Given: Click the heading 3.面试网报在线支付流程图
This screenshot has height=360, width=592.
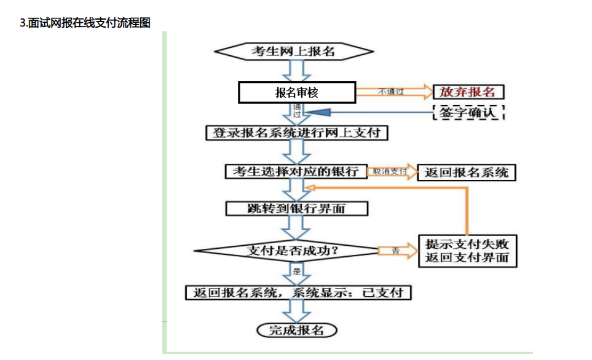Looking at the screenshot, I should click(x=85, y=23).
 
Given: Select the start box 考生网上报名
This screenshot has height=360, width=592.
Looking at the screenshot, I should click(x=296, y=51).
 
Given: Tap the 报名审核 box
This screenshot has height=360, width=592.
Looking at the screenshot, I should click(x=296, y=93).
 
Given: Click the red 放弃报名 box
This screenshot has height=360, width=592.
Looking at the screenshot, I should click(x=468, y=92).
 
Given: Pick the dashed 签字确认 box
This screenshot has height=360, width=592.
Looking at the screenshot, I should click(x=468, y=112).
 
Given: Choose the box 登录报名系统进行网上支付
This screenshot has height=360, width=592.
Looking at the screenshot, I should click(x=297, y=133).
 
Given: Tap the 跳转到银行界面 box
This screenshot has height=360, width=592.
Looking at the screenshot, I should click(x=297, y=208).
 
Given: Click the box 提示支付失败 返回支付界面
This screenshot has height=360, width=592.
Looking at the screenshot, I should click(x=467, y=251).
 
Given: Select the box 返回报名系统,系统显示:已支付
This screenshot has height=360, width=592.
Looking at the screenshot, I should click(x=298, y=292).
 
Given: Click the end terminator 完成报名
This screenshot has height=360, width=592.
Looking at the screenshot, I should click(x=297, y=330).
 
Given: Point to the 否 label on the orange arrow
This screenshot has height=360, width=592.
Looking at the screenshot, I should click(x=395, y=251).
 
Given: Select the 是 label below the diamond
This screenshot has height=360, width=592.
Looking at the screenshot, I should click(x=298, y=271).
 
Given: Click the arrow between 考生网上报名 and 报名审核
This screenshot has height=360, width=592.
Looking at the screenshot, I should click(x=297, y=71).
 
